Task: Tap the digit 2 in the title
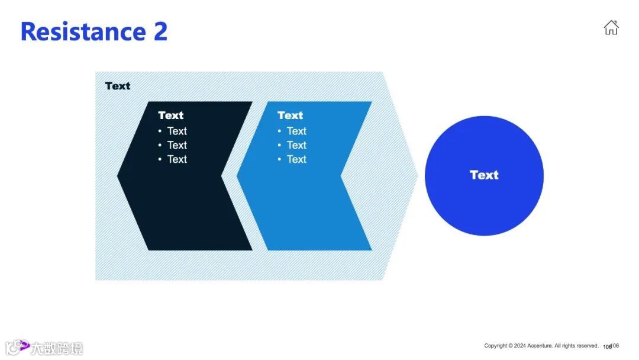pos(160,31)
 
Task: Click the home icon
pos(611,27)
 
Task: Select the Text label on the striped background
pos(117,86)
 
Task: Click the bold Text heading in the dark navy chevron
pos(170,115)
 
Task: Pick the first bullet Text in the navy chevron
pos(177,131)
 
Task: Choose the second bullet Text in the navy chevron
pos(177,145)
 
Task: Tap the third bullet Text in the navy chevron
pos(177,159)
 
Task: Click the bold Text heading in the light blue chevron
pos(290,115)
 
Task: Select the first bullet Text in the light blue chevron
pos(296,131)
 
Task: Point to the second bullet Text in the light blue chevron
pos(296,145)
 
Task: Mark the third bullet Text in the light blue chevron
pos(296,159)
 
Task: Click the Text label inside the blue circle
pos(484,175)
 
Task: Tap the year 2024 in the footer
pos(520,346)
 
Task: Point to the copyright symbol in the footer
pos(511,346)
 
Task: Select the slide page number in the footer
pos(611,346)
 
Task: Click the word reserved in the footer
pos(587,346)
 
